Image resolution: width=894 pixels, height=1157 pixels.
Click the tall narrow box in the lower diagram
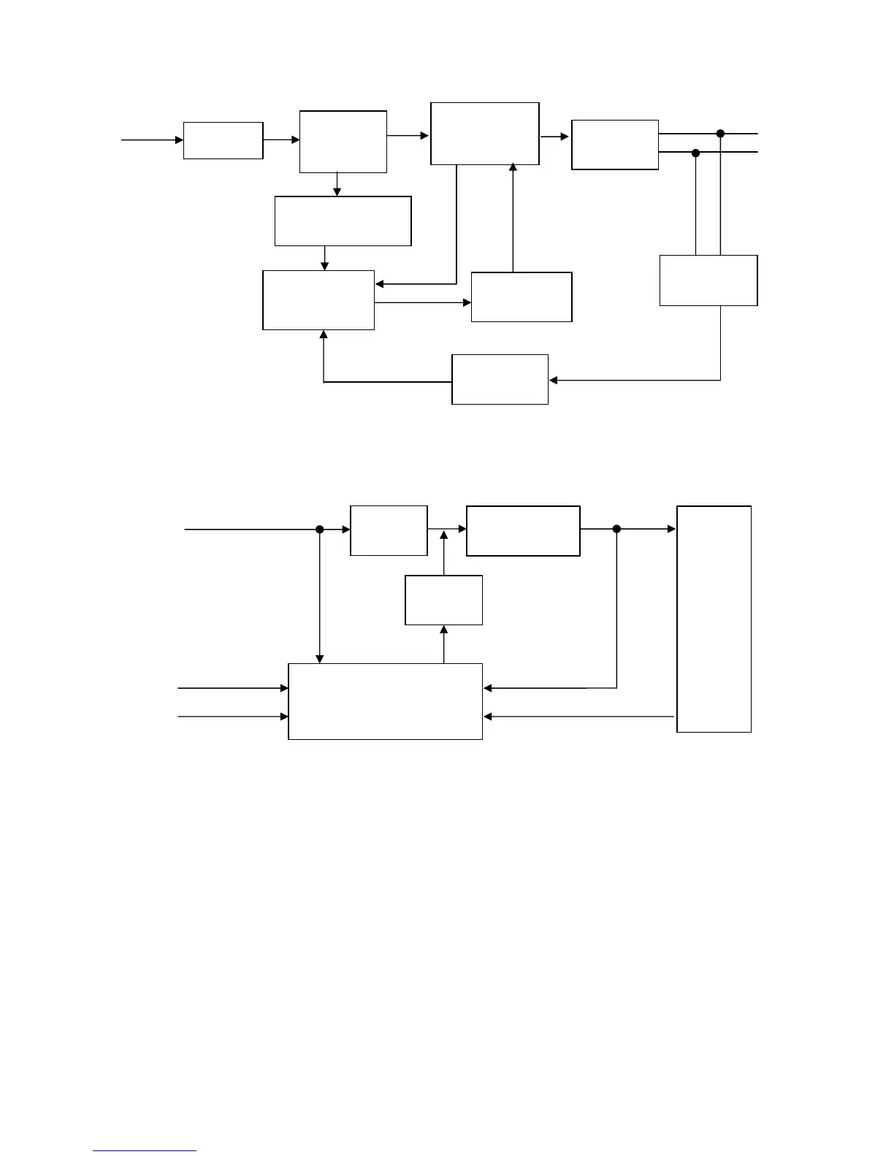coord(714,618)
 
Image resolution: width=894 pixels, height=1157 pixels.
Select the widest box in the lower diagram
coord(385,701)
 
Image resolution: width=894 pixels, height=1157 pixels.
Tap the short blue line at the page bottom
coord(145,1150)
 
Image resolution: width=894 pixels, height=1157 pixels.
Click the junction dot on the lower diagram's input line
coord(319,530)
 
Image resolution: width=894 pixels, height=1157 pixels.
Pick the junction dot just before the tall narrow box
coord(616,529)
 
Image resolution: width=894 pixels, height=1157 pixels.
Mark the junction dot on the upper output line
coord(720,134)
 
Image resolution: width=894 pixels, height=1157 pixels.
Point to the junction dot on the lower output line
coord(695,153)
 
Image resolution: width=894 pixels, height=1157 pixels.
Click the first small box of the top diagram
coord(223,140)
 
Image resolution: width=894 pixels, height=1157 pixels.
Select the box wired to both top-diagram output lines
coord(708,280)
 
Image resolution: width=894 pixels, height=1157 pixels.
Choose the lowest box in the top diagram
coord(500,378)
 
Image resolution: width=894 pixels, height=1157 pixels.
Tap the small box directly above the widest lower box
coord(443,600)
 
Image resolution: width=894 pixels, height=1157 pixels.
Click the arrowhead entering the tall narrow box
coord(672,529)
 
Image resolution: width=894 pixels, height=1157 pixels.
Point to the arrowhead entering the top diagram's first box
coord(179,140)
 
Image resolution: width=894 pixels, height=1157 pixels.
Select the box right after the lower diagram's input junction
coord(389,530)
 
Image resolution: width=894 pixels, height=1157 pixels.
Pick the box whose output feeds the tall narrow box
coord(523,530)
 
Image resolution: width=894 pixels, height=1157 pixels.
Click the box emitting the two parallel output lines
coord(614,145)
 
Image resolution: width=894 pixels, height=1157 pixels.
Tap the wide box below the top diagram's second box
coord(343,221)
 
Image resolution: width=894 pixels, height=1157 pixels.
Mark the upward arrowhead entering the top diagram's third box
coord(513,168)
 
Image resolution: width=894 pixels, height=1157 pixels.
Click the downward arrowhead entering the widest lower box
coord(320,660)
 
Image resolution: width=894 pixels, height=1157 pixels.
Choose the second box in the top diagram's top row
coord(343,142)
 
